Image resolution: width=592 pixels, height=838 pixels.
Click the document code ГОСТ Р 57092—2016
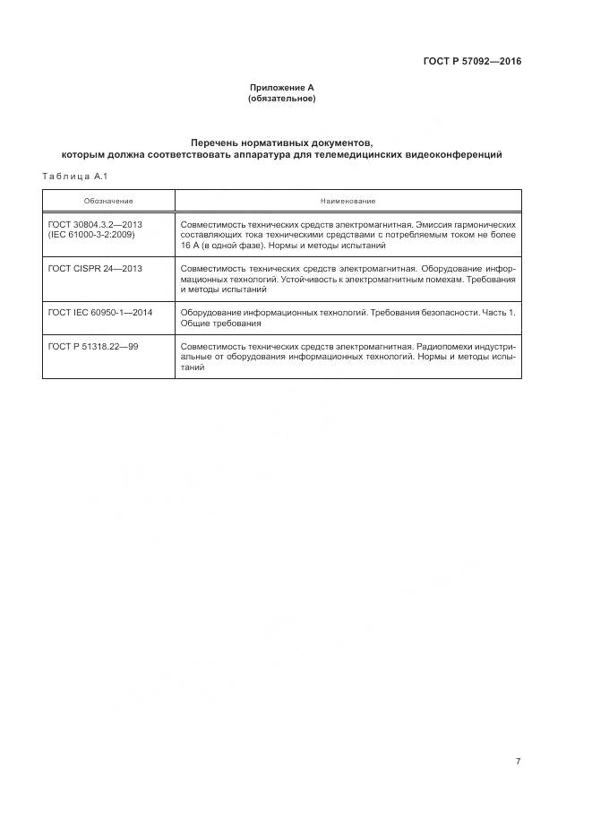click(x=471, y=62)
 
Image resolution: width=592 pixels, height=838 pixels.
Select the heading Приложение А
click(x=281, y=88)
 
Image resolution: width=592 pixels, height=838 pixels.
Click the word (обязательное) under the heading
click(x=281, y=98)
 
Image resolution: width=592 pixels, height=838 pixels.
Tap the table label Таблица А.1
click(x=74, y=175)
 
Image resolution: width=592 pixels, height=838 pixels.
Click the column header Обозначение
click(x=108, y=201)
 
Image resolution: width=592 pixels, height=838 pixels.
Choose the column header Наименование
click(x=347, y=201)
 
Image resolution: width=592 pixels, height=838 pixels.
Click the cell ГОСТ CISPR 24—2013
click(x=95, y=268)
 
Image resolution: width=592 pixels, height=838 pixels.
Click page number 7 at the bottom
click(x=518, y=761)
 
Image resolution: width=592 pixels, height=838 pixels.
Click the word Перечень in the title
click(x=217, y=143)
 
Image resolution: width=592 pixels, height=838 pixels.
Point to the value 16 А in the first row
click(x=190, y=245)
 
